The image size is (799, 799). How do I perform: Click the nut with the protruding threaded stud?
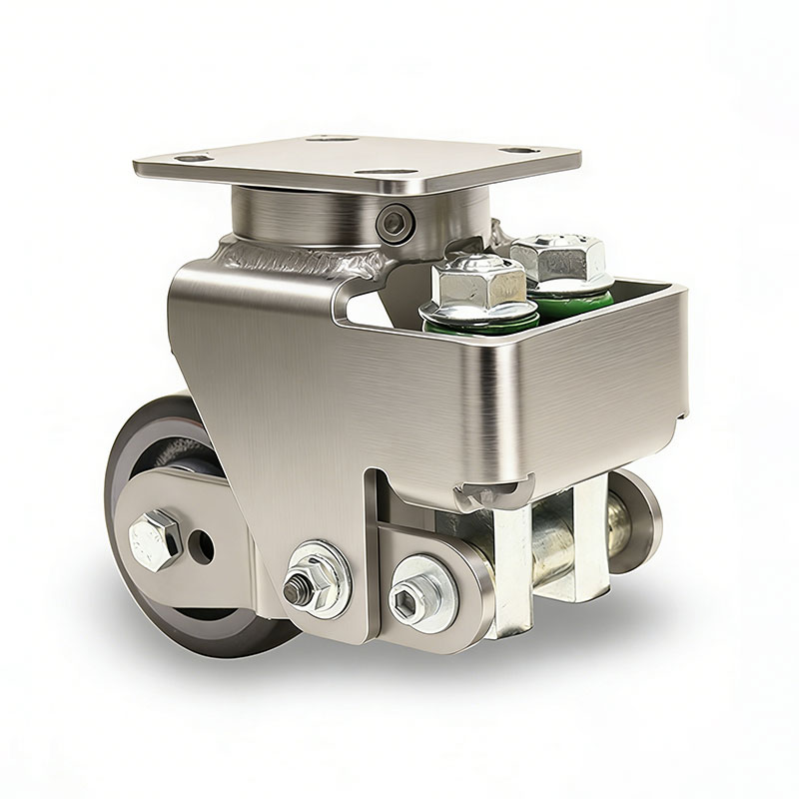point(299,588)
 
